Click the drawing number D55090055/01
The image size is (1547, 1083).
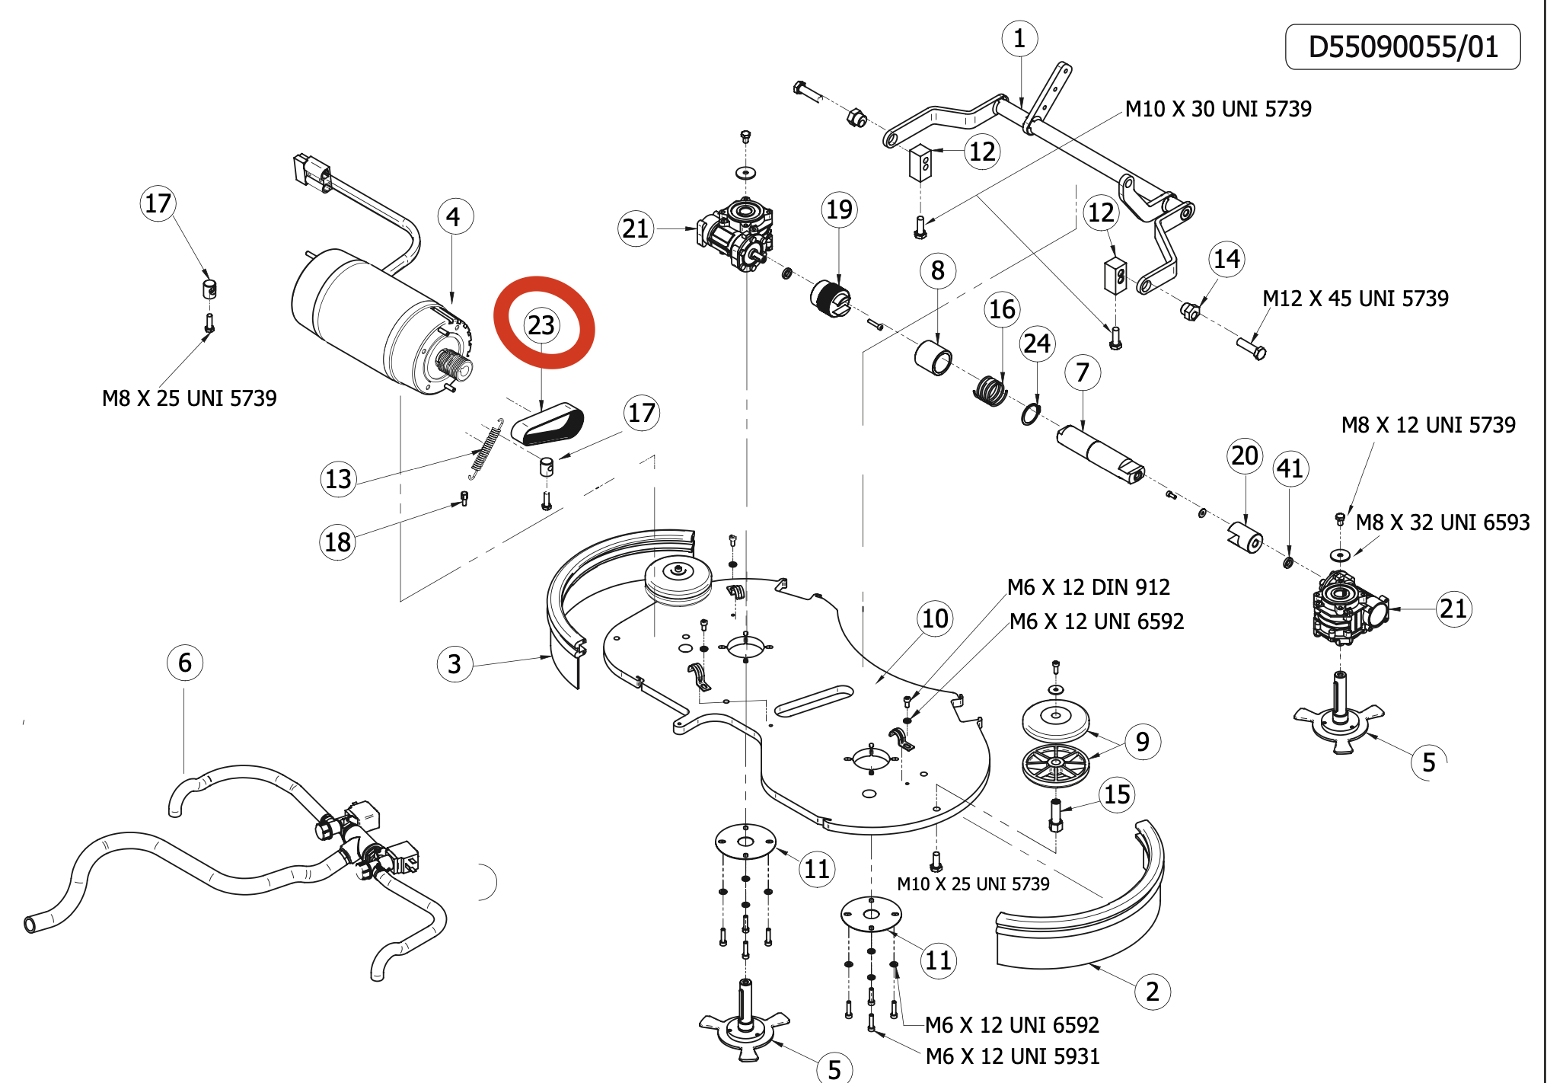[x=1402, y=47]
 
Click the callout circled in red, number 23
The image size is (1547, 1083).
[x=541, y=325]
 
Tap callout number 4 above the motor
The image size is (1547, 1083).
[x=455, y=217]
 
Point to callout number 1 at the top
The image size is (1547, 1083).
[x=1019, y=39]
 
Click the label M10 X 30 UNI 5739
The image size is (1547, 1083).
[x=1218, y=109]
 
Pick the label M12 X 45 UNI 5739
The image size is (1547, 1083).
[x=1355, y=299]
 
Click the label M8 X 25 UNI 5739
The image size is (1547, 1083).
[x=189, y=398]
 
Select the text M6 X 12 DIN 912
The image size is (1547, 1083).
[x=1089, y=587]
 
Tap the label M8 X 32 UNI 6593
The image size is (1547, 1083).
[x=1443, y=522]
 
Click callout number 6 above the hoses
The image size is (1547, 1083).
[x=185, y=663]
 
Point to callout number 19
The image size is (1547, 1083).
[x=839, y=209]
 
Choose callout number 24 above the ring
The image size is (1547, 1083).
[x=1037, y=343]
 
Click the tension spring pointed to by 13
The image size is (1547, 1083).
[x=486, y=450]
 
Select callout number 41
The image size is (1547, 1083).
[x=1290, y=468]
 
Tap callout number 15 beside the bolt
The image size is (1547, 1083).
[x=1117, y=795]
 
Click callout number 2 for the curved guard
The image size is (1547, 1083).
[x=1153, y=992]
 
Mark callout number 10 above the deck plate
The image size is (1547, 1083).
[x=936, y=618]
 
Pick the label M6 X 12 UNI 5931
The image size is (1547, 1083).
[x=1013, y=1057]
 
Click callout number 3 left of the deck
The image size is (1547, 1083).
[x=455, y=664]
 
